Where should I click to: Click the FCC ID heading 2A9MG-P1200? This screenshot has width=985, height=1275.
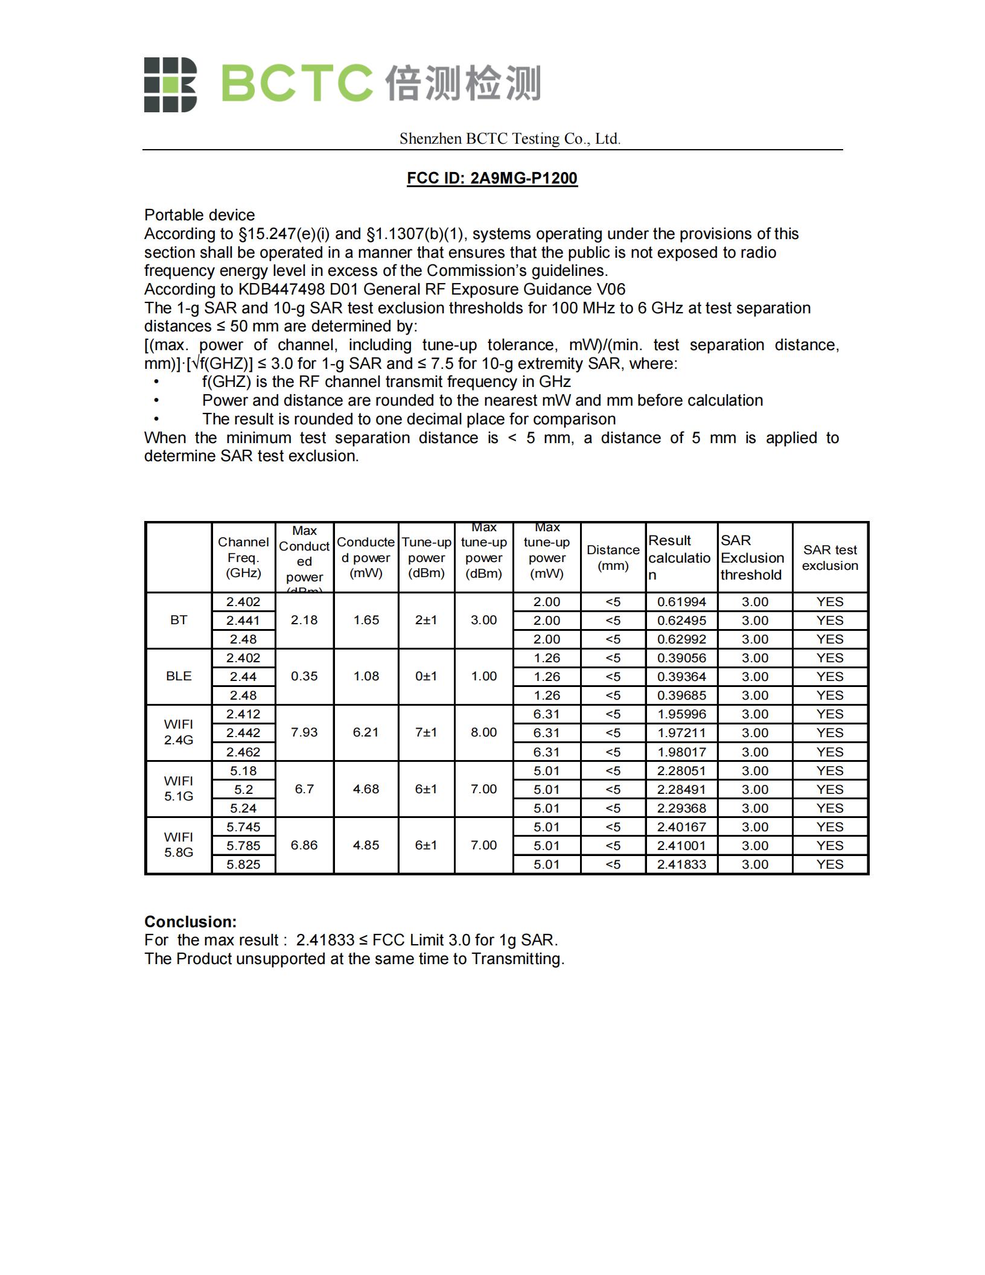492,178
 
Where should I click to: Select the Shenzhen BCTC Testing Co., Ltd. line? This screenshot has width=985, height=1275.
509,139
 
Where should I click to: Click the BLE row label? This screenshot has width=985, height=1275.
179,676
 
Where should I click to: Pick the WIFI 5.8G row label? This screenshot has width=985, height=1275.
179,845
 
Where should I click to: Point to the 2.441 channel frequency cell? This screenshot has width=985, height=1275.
243,621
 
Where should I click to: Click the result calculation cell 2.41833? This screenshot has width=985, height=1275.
681,864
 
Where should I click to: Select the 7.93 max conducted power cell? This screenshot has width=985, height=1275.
304,732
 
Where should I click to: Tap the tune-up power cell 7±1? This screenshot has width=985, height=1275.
426,732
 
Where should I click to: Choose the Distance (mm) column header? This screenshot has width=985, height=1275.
613,557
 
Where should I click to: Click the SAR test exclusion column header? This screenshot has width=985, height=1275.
830,557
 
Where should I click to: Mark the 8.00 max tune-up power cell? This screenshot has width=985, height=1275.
483,732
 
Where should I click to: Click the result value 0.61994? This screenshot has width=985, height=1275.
681,602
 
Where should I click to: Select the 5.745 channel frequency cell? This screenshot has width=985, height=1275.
243,826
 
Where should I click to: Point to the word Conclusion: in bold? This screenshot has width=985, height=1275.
190,922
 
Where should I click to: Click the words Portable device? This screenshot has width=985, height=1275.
199,215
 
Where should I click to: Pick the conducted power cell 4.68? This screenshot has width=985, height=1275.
366,789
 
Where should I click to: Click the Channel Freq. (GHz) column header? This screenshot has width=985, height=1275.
243,557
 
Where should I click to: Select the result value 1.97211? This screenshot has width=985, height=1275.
681,733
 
